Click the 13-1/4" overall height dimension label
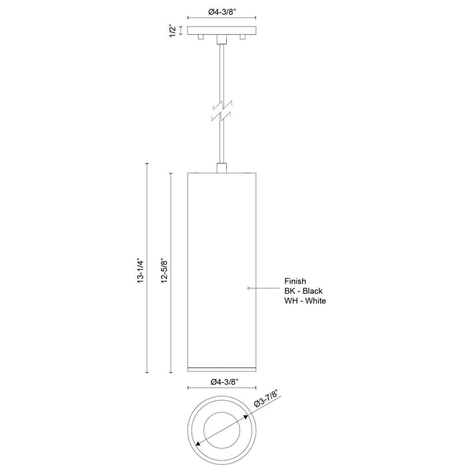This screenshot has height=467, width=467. pos(139,270)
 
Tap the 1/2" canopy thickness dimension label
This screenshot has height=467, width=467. pos(173,31)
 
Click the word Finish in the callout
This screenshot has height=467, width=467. pos(295,281)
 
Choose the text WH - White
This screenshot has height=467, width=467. pos(306,301)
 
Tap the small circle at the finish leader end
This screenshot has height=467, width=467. pos(248,288)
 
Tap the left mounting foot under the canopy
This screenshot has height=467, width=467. pos(201,39)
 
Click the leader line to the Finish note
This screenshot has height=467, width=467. pos(266,288)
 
